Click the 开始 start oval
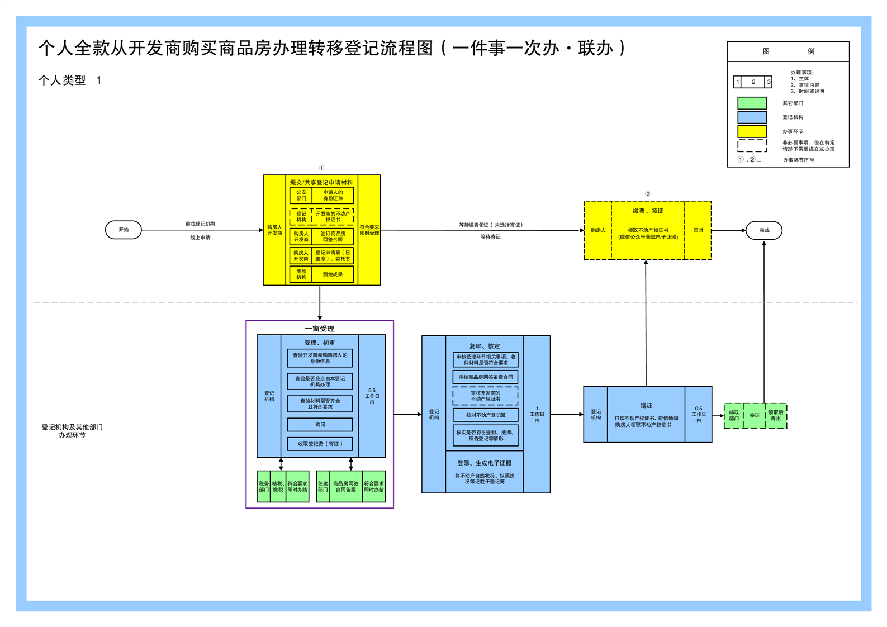pyautogui.click(x=124, y=230)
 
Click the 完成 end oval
pyautogui.click(x=763, y=230)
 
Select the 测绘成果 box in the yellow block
pyautogui.click(x=333, y=274)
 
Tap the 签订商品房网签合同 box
pyautogui.click(x=333, y=236)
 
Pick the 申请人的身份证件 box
pyautogui.click(x=333, y=195)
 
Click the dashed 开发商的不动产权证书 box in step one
pyautogui.click(x=333, y=217)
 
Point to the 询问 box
pyautogui.click(x=320, y=425)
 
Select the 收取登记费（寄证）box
pyautogui.click(x=320, y=444)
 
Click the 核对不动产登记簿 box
pyautogui.click(x=485, y=415)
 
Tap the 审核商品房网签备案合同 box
pyautogui.click(x=485, y=377)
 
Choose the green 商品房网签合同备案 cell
pyautogui.click(x=345, y=487)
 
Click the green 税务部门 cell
pyautogui.click(x=264, y=487)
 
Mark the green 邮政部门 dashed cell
pyautogui.click(x=734, y=416)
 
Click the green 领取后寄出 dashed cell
pyautogui.click(x=776, y=416)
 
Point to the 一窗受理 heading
pyautogui.click(x=320, y=329)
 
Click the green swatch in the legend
pyautogui.click(x=752, y=103)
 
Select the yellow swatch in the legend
pyautogui.click(x=752, y=131)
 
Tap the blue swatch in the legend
pyautogui.click(x=752, y=117)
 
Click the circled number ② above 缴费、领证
pyautogui.click(x=647, y=194)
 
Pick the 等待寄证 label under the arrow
pyautogui.click(x=490, y=237)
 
